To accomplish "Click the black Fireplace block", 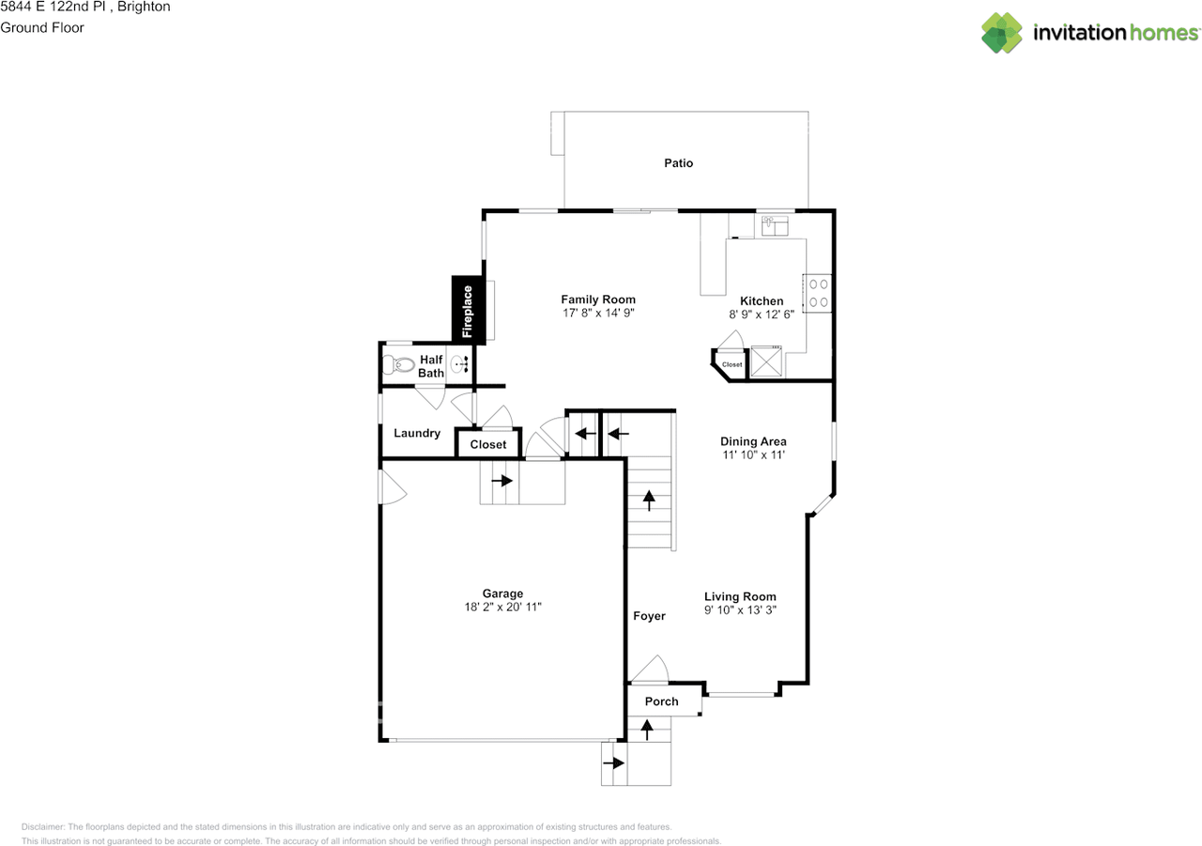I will click(469, 309).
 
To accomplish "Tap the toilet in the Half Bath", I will click(400, 365).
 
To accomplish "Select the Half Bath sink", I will click(461, 365).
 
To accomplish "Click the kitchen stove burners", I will click(817, 291).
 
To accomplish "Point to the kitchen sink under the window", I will click(775, 225).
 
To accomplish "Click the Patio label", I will click(678, 163).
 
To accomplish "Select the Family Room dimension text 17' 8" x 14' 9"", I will click(598, 314).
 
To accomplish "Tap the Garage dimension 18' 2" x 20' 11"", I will click(502, 608).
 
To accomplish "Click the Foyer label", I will click(649, 616).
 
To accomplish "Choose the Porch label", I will click(661, 701).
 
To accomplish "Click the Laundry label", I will click(417, 433).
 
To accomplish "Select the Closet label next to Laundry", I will click(487, 444).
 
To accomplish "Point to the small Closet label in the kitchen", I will click(732, 364).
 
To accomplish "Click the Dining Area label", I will click(753, 441).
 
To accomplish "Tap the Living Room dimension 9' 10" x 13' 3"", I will click(740, 610).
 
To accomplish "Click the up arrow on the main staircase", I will click(649, 500).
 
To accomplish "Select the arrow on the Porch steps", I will click(646, 729).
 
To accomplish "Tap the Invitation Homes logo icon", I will click(1003, 33).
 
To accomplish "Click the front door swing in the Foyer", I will click(650, 669).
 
